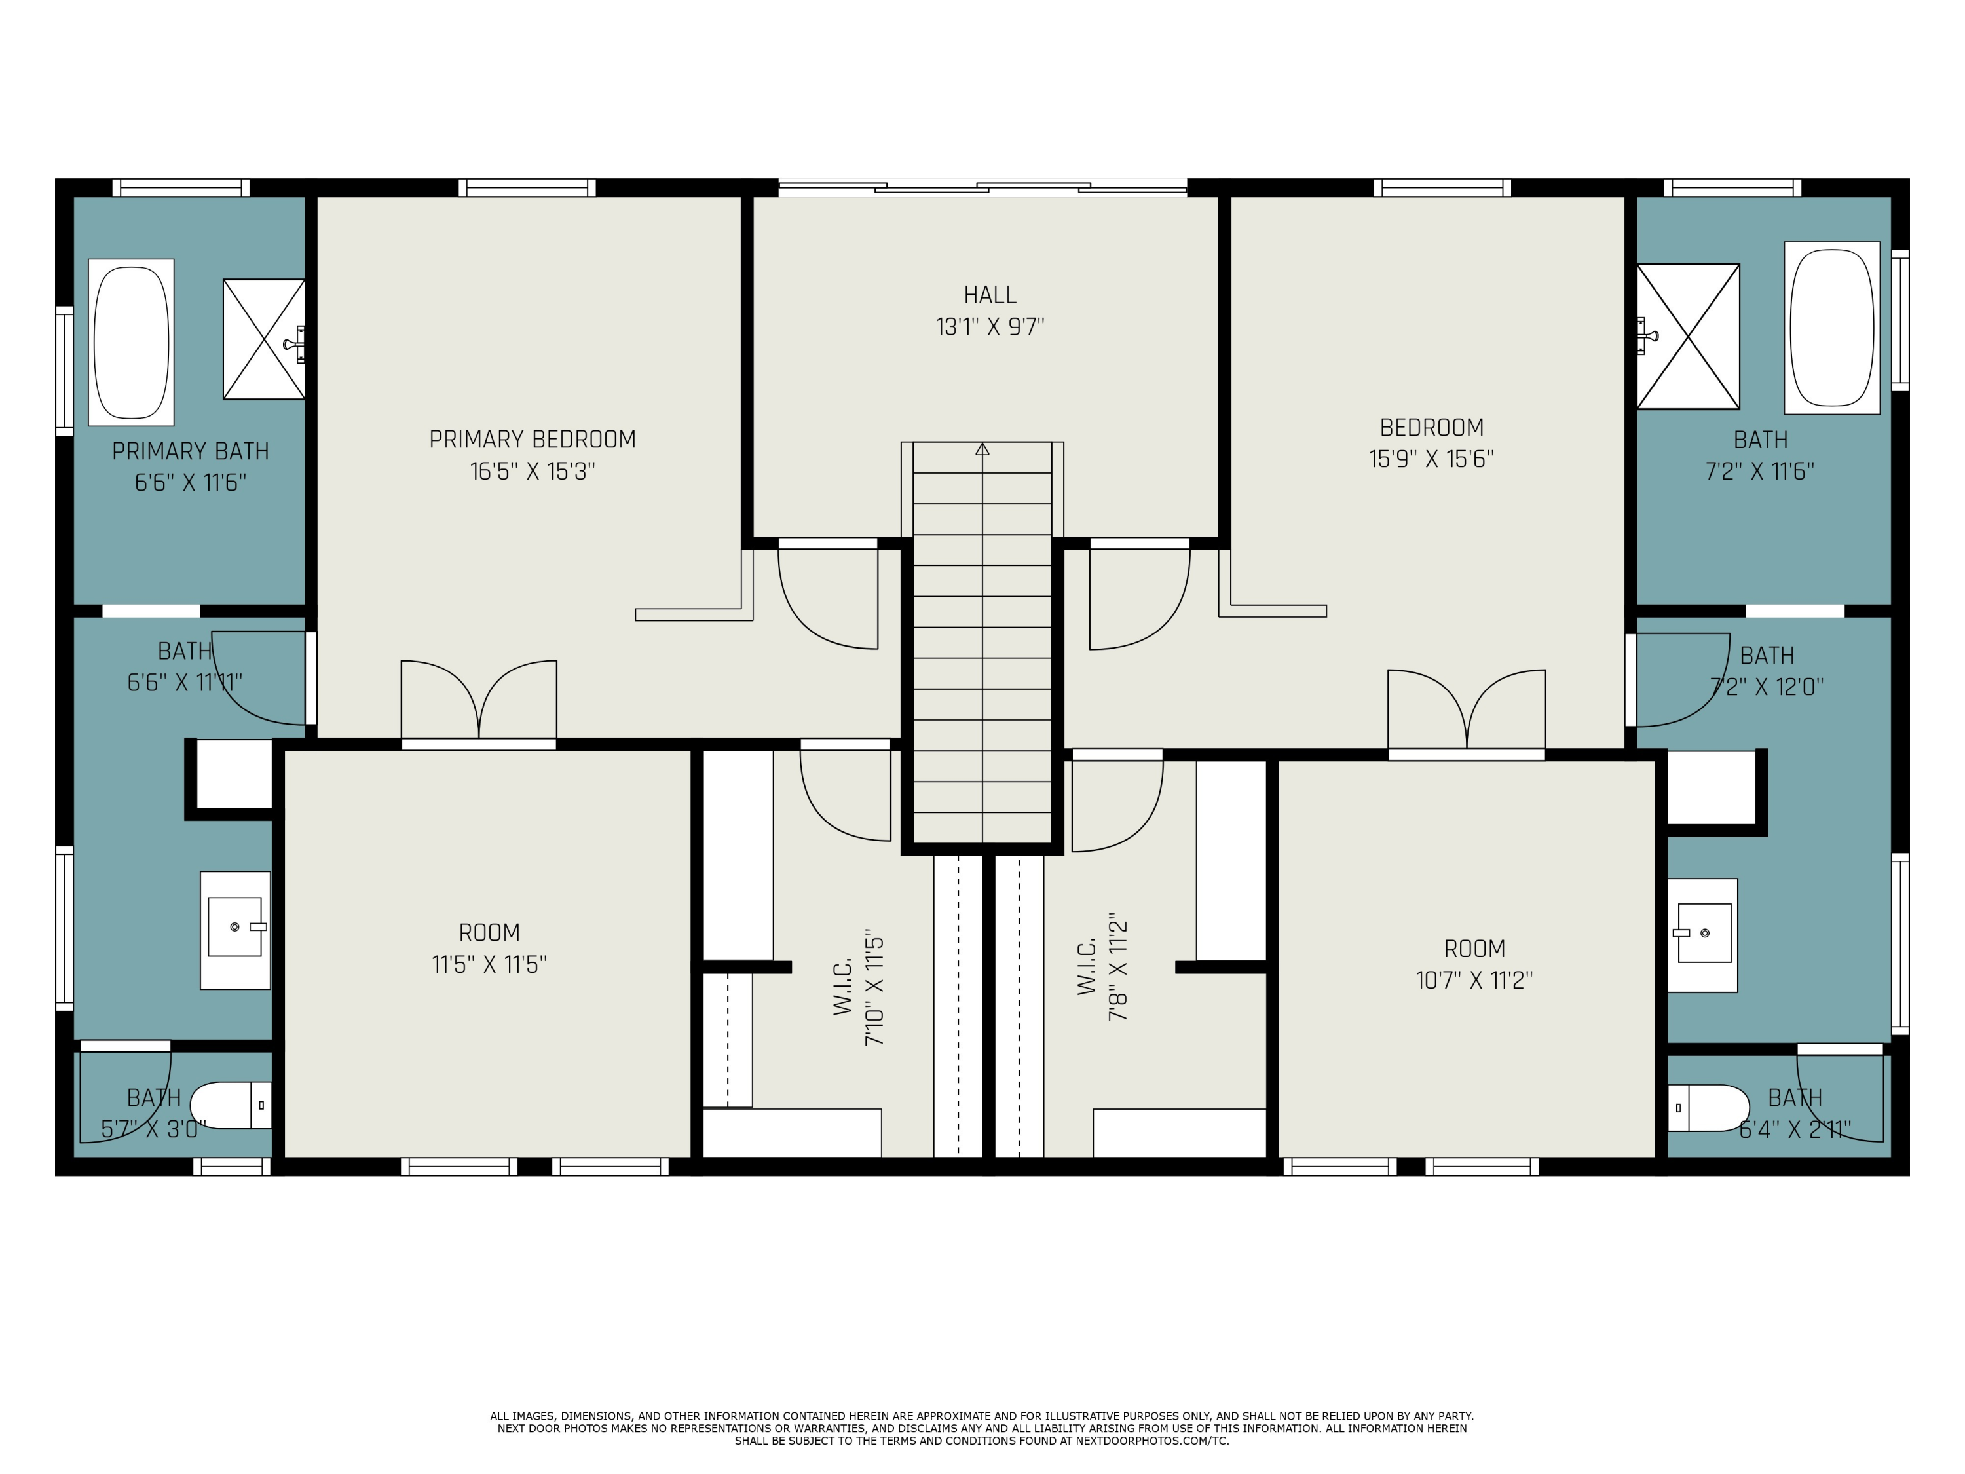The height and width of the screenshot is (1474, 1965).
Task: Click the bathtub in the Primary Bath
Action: coord(132,342)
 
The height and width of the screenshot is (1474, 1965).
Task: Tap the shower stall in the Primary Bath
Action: coord(264,339)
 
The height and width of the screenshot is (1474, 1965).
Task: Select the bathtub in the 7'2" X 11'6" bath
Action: coord(1832,327)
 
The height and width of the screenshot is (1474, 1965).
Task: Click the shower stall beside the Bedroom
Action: coord(1688,337)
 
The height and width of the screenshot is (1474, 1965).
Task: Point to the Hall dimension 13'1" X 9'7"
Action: coord(990,327)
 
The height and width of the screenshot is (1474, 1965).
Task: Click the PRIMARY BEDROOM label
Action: coord(532,440)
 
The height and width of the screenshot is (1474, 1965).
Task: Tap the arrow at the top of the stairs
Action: coord(982,449)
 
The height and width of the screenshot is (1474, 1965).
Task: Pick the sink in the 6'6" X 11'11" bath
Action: coord(234,928)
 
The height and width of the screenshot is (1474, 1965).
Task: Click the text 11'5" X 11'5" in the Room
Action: coord(489,965)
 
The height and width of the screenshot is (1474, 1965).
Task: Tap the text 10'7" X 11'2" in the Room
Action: coord(1474,980)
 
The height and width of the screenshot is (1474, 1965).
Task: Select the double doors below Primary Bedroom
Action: coord(479,702)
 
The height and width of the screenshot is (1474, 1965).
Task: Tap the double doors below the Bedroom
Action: coord(1467,711)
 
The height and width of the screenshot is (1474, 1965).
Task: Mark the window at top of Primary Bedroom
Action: coord(528,187)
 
